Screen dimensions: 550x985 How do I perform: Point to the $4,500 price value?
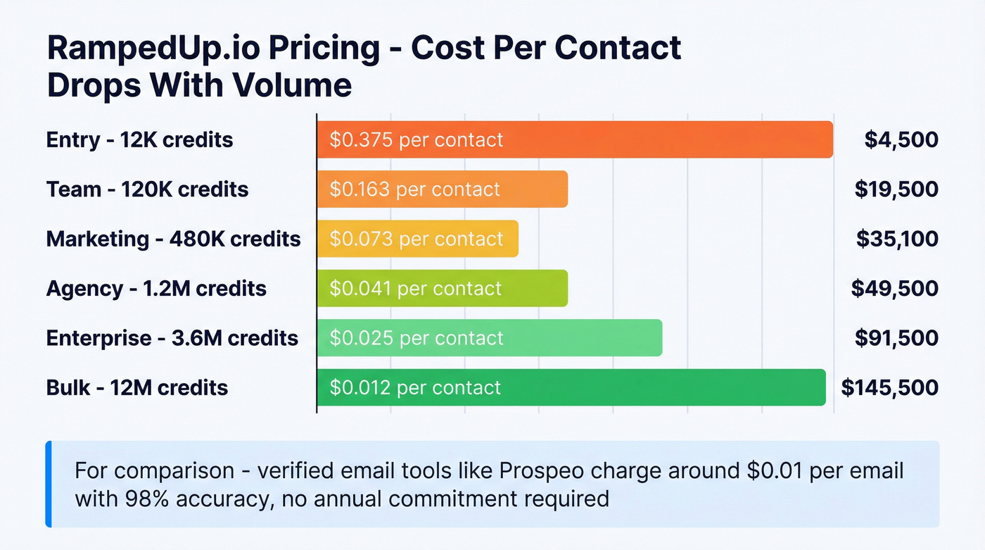[x=901, y=139]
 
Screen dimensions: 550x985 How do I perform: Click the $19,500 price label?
[x=896, y=189]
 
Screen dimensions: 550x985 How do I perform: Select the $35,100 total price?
[x=897, y=239]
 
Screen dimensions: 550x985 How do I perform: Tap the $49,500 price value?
[x=895, y=288]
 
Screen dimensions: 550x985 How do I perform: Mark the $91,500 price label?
[x=896, y=338]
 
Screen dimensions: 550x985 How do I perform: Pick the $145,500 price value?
[x=890, y=387]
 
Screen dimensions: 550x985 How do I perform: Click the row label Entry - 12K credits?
[x=139, y=139]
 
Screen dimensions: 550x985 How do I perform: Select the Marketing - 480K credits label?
[x=173, y=239]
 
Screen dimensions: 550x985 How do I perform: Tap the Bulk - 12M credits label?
[x=137, y=387]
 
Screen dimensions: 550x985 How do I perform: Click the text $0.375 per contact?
[x=417, y=139]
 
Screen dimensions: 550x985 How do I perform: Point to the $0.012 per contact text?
[x=415, y=387]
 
